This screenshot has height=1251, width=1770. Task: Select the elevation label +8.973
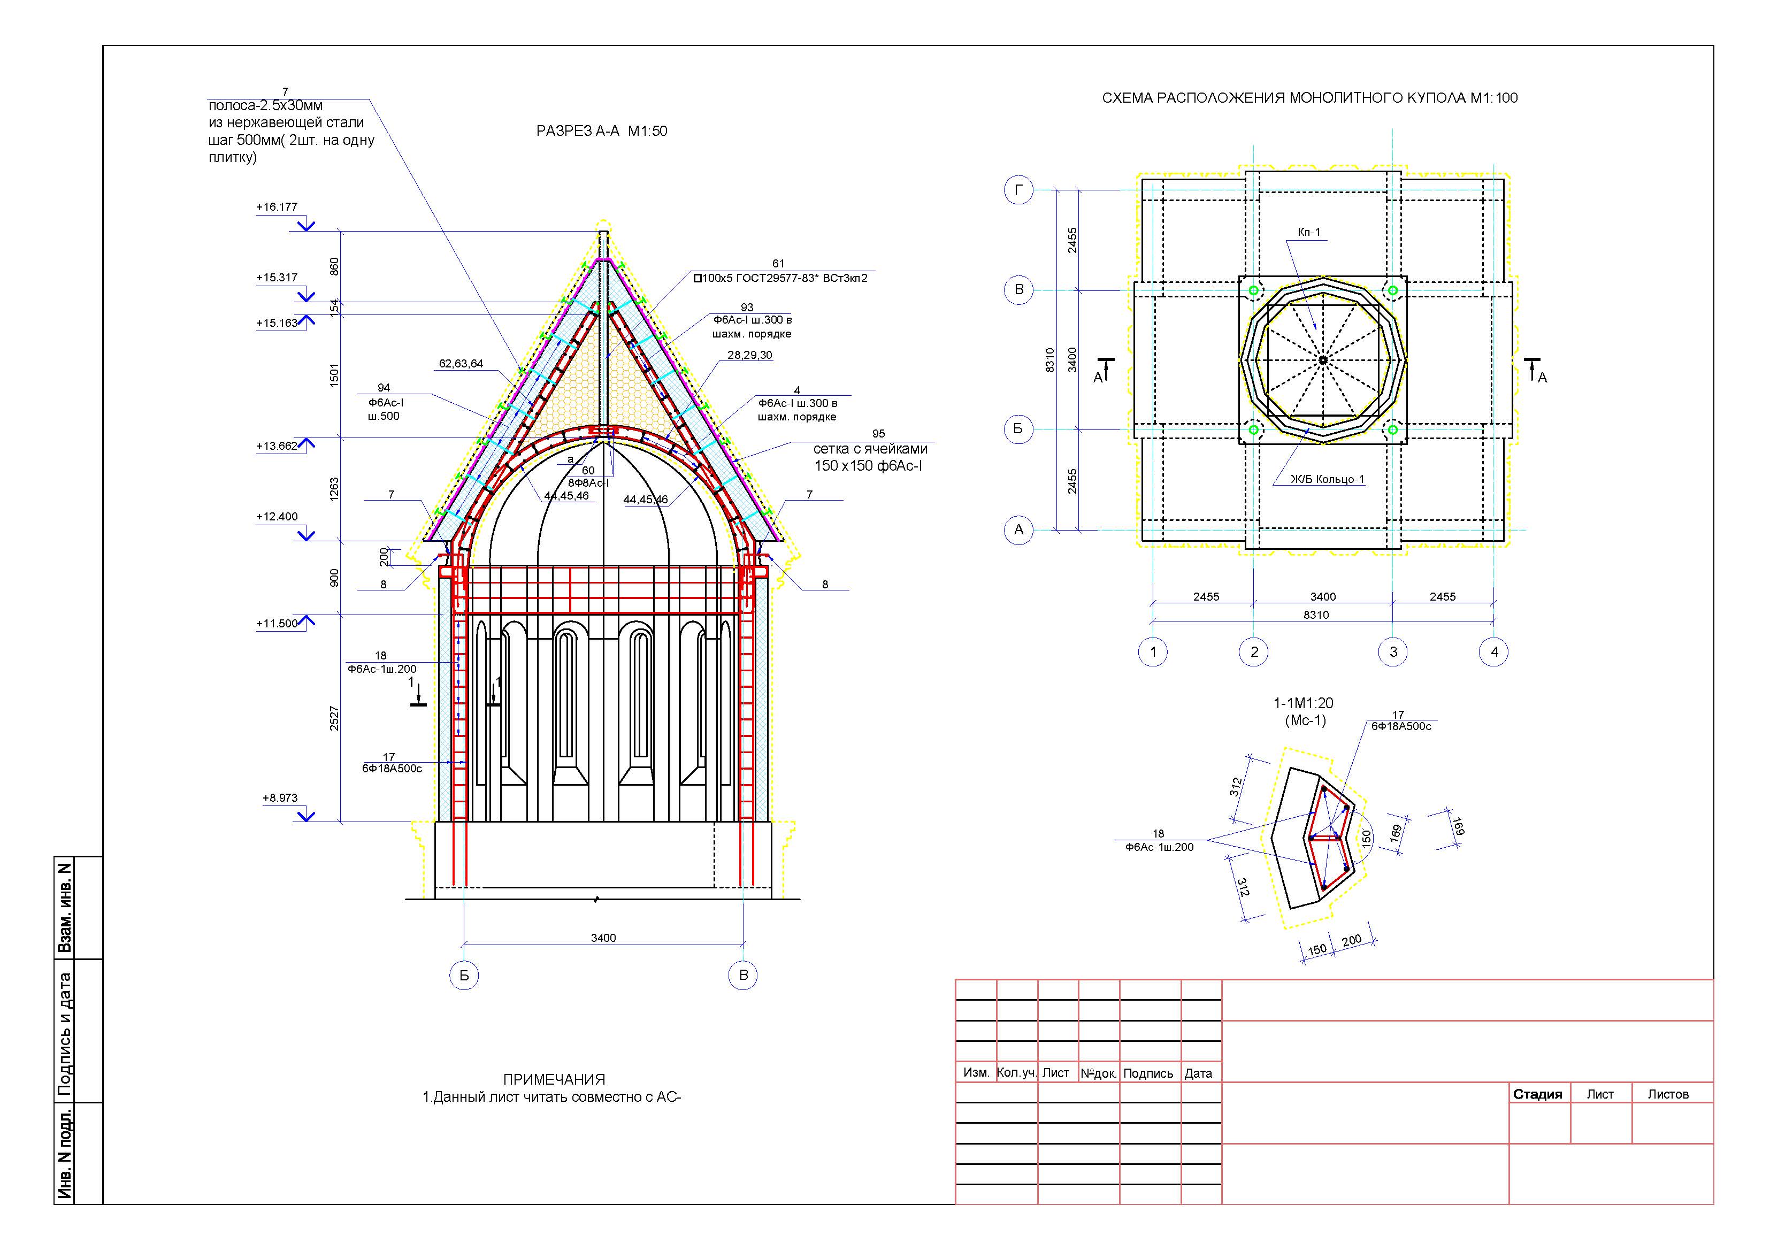(x=280, y=798)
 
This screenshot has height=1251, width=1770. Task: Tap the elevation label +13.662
(x=277, y=446)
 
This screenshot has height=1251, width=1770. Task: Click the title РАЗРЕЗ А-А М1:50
(x=601, y=131)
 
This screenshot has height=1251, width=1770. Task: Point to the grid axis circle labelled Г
(x=1018, y=190)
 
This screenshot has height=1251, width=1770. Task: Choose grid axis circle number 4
(x=1494, y=652)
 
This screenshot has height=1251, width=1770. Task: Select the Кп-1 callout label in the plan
(x=1309, y=232)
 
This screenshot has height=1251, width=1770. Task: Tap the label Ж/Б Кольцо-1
(x=1328, y=479)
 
